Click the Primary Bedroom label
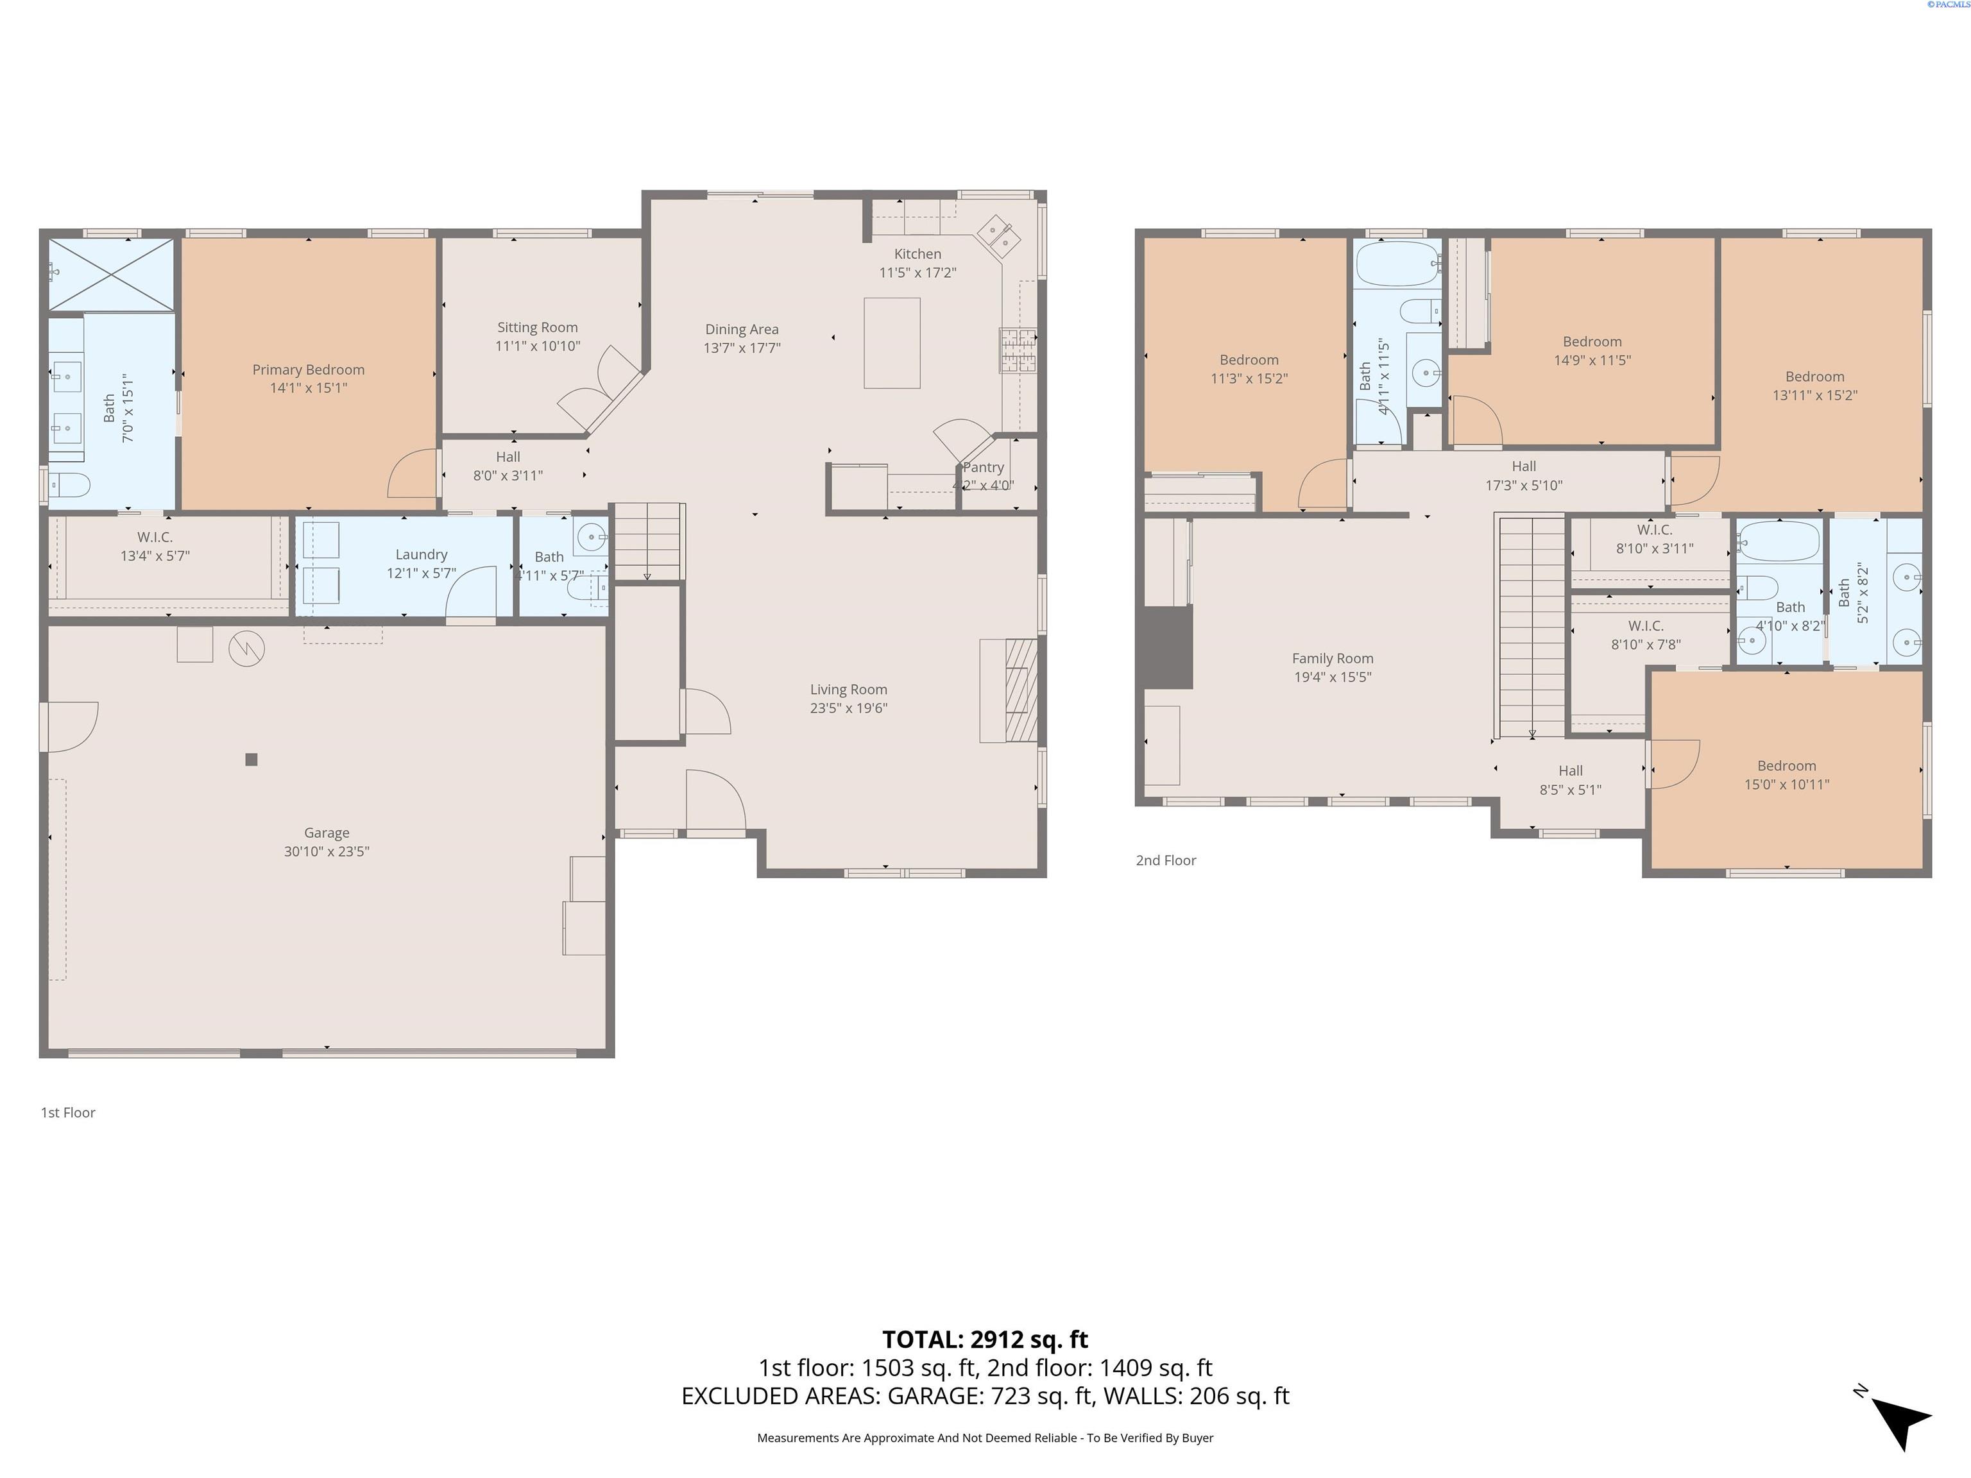[309, 369]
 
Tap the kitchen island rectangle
[891, 343]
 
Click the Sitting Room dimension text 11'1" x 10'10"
[537, 346]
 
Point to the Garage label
[326, 833]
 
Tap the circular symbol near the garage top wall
[247, 649]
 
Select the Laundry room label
[421, 554]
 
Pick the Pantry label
[983, 468]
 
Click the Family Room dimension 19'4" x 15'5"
[1332, 677]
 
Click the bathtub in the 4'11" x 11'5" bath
[1396, 264]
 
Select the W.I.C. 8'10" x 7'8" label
[1645, 626]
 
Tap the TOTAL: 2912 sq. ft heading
[985, 1339]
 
